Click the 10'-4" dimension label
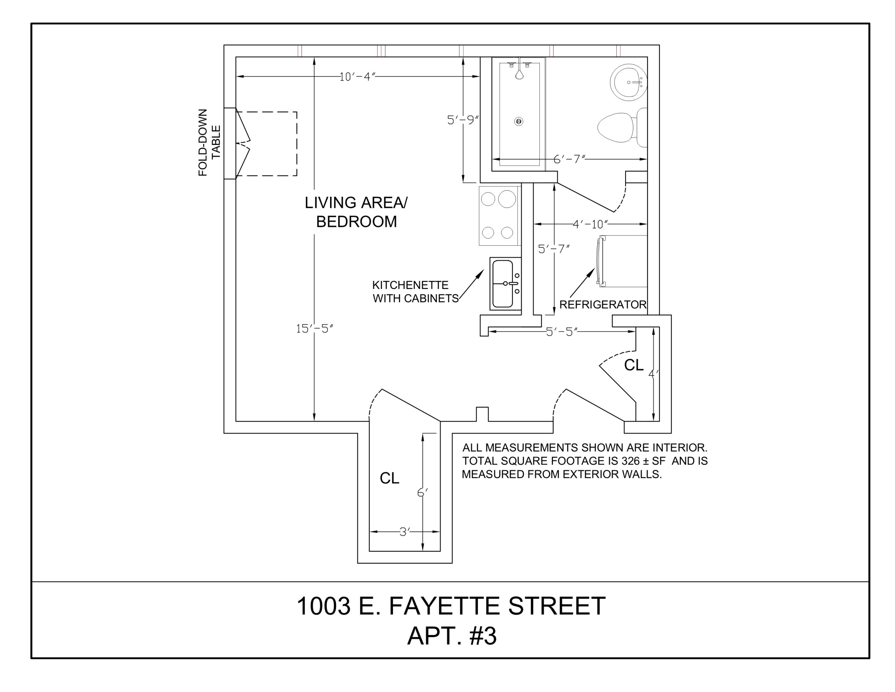pos(357,77)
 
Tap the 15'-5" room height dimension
pos(314,329)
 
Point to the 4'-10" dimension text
pos(590,224)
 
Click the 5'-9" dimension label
pos(463,120)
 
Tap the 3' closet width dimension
pos(404,532)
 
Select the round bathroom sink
pos(629,82)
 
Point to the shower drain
pos(519,121)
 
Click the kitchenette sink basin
pos(503,284)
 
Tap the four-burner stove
pos(498,216)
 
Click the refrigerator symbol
pos(622,261)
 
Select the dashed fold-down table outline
pos(266,144)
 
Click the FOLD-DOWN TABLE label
pos(209,143)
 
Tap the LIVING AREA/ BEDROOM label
pos(356,212)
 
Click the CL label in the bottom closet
pos(389,478)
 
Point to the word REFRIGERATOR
pos(603,305)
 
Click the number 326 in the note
pos(631,461)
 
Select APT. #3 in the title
pos(452,636)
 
